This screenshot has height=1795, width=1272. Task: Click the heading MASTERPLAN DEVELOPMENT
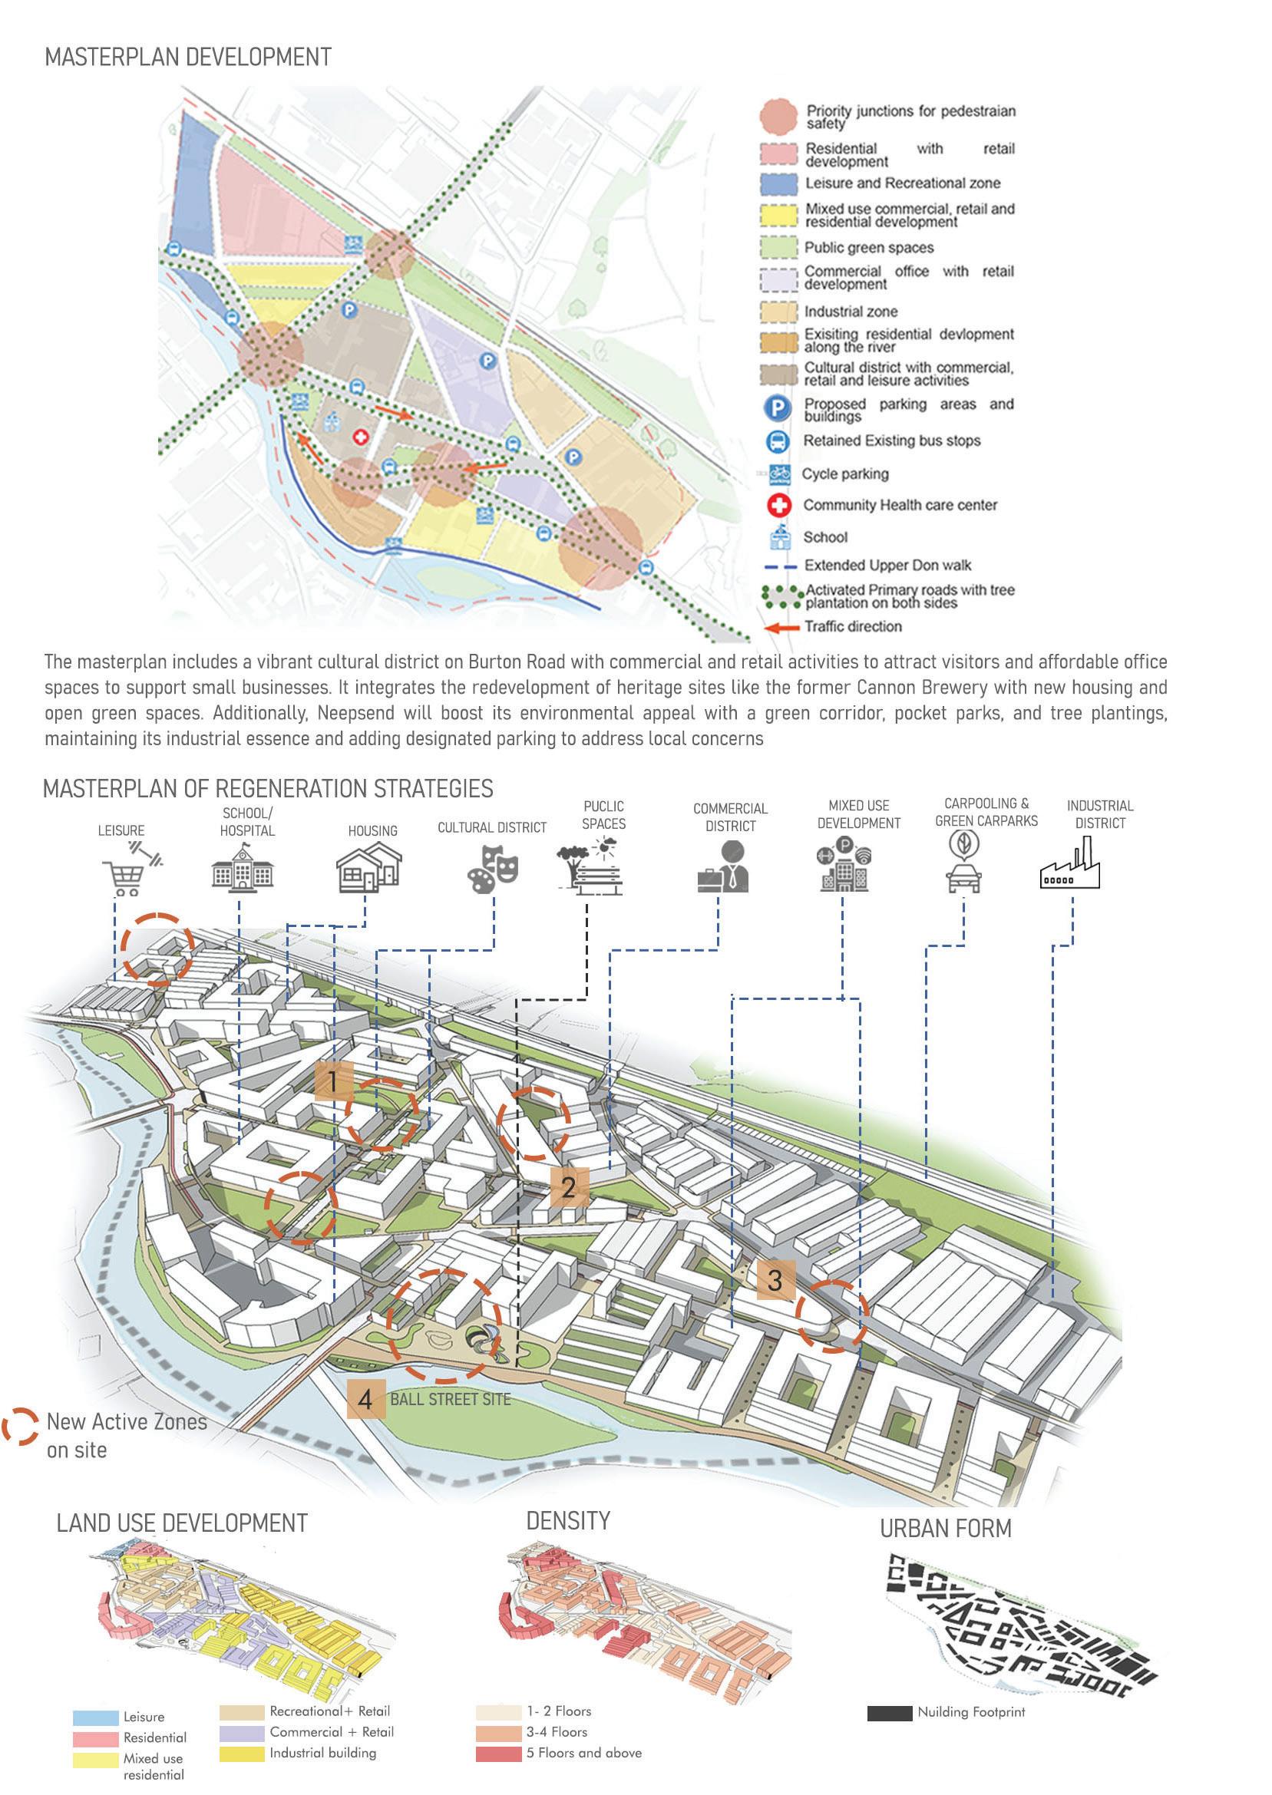point(188,57)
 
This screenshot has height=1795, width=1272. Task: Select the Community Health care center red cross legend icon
point(778,506)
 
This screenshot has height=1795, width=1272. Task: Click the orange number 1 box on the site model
point(334,1082)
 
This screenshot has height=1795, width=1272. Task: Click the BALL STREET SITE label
point(451,1399)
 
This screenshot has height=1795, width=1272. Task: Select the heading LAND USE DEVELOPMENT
point(183,1523)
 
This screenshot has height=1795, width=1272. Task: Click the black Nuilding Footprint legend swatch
point(890,1712)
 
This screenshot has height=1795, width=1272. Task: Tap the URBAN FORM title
point(946,1528)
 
